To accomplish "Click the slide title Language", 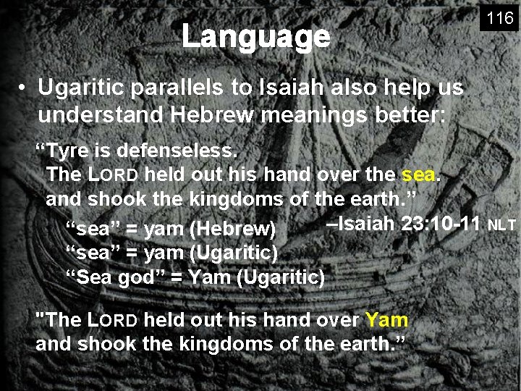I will [255, 36].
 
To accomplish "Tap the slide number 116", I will [499, 19].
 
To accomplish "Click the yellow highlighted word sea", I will [419, 175].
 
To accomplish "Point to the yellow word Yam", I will [386, 319].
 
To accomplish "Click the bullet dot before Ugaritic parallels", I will [23, 89].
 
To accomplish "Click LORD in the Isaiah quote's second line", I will [113, 175].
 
